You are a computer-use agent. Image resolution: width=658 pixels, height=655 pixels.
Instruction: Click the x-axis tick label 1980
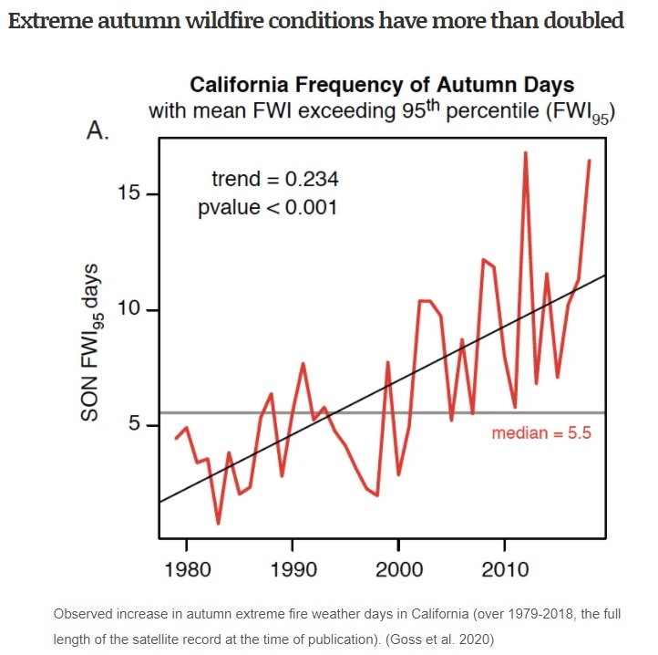(x=186, y=569)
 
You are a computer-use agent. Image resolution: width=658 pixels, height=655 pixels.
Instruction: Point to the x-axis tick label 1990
(x=293, y=569)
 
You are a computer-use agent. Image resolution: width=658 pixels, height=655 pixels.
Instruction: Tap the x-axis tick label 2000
(x=398, y=569)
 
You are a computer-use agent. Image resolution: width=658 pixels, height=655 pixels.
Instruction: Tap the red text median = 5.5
(x=541, y=433)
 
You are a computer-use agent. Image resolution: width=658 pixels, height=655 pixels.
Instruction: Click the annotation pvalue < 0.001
(x=267, y=208)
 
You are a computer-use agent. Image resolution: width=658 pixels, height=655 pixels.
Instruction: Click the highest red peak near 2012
(x=525, y=152)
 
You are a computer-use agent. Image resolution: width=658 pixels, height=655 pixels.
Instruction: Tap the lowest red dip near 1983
(x=218, y=524)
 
